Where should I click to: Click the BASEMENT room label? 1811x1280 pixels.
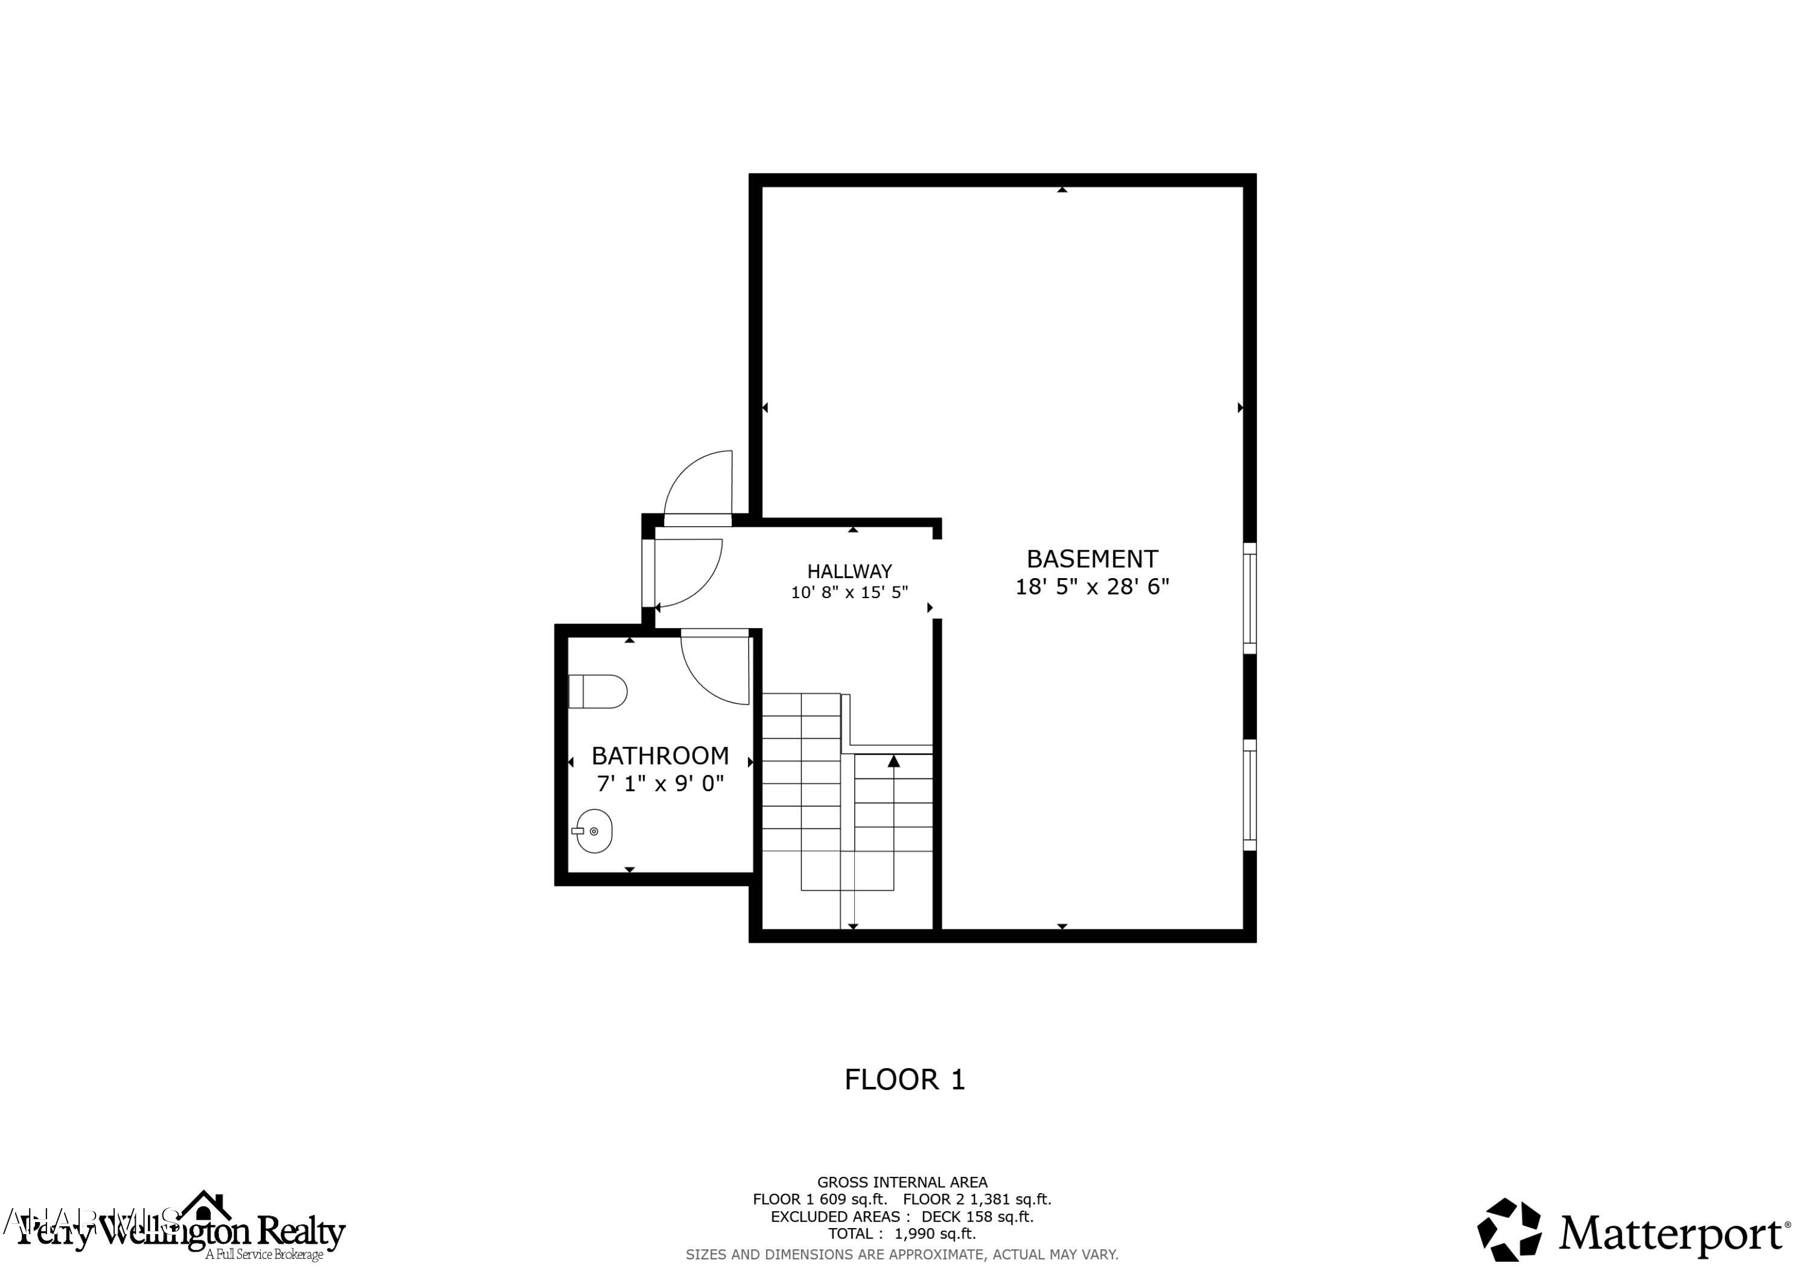(x=1091, y=559)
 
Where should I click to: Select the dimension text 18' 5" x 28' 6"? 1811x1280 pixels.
(x=1091, y=587)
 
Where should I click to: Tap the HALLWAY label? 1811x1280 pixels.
(x=849, y=571)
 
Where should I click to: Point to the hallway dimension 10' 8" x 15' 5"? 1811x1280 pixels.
(x=849, y=592)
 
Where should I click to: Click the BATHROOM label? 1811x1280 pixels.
(x=660, y=756)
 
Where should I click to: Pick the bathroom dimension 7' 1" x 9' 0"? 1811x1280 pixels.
(x=660, y=784)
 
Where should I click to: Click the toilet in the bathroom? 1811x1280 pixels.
(x=597, y=692)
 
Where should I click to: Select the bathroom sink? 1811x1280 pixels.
(x=594, y=831)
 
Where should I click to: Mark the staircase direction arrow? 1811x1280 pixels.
(x=893, y=762)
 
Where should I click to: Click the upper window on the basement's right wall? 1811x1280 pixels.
(x=1250, y=598)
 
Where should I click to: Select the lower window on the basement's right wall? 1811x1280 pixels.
(x=1250, y=795)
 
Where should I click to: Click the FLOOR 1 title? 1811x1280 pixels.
(x=905, y=1080)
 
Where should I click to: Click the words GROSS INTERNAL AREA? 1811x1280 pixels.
(x=901, y=1182)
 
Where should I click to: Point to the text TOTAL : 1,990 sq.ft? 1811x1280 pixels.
(x=901, y=1234)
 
